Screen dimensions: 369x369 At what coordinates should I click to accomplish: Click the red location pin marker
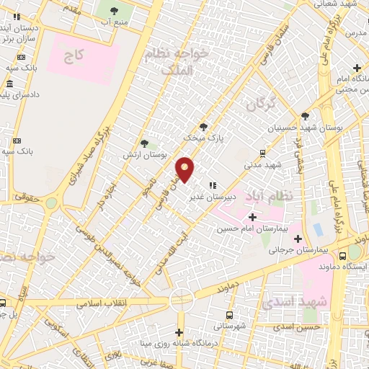click(x=186, y=169)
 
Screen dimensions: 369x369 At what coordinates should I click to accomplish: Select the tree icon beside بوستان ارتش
click(x=145, y=143)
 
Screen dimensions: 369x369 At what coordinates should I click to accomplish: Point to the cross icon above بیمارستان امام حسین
click(x=252, y=216)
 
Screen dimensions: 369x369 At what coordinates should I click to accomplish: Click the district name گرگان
click(x=260, y=104)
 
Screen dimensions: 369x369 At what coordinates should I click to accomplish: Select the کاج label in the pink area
click(x=74, y=54)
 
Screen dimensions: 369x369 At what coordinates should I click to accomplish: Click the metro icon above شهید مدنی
click(x=262, y=153)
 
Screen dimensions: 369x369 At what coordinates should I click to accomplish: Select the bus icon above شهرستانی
click(x=229, y=315)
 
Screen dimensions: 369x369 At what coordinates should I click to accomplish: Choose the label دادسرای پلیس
click(x=24, y=94)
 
